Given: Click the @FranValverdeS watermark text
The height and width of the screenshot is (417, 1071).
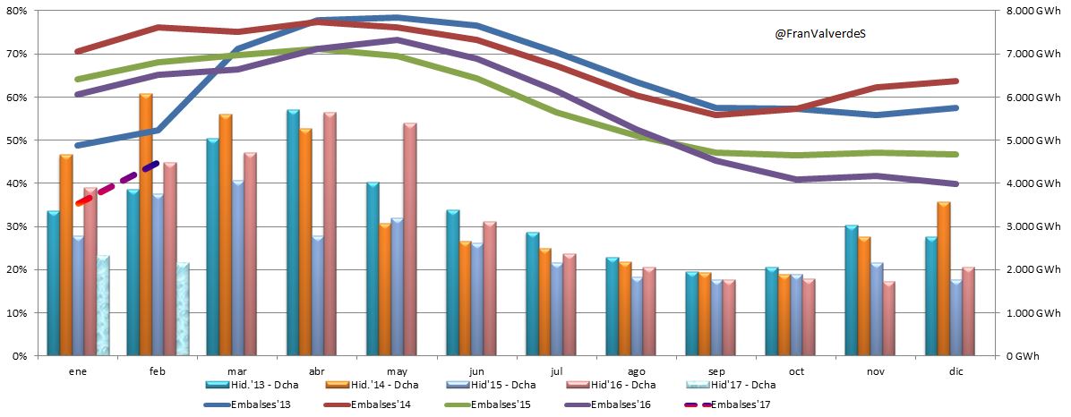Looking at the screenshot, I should tap(821, 33).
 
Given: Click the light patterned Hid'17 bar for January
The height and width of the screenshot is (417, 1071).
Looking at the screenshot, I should tap(103, 305).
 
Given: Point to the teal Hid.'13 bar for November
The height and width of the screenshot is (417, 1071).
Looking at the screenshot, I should tap(852, 290).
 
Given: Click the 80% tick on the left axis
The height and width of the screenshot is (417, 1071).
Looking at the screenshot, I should tap(16, 11).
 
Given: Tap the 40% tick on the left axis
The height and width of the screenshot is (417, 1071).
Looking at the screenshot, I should tap(16, 183).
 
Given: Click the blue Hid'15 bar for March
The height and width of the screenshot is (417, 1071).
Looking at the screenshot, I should tap(237, 268).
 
